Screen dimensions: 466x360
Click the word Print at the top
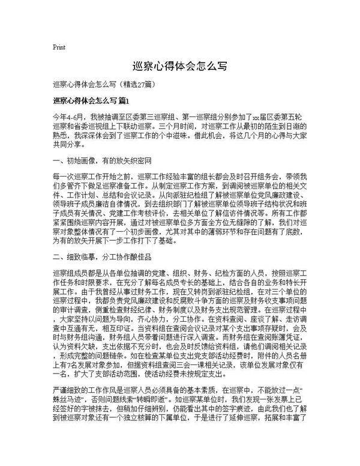click(59, 47)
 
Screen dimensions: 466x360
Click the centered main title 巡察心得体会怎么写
click(179, 65)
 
